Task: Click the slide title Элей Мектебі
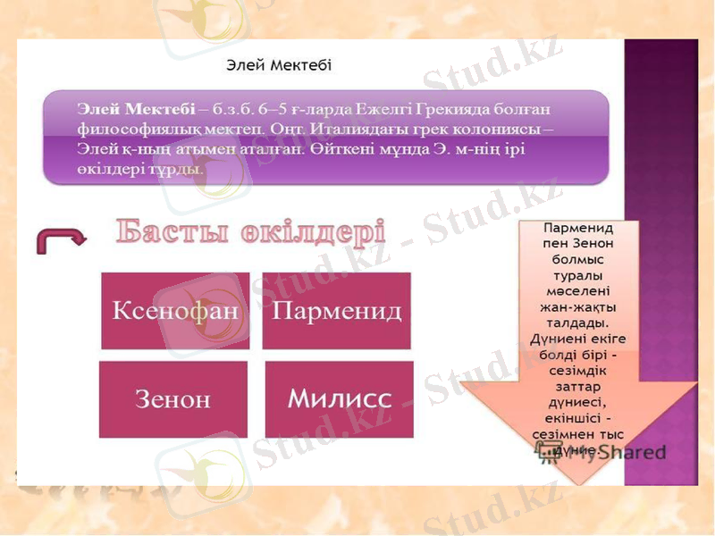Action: [278, 64]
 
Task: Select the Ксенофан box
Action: [175, 311]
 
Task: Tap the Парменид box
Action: [336, 311]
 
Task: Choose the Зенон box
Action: [172, 398]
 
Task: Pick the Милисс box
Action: [339, 398]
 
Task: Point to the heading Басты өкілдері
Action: [251, 232]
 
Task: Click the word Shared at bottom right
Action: [634, 452]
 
